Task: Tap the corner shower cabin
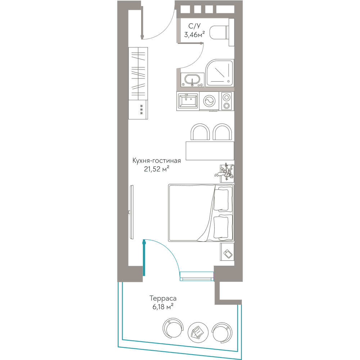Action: (x=220, y=73)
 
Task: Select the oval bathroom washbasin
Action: (x=192, y=80)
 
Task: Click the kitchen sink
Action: (x=188, y=101)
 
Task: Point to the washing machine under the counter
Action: (x=210, y=101)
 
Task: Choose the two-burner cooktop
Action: (x=226, y=101)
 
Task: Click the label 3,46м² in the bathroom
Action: (x=194, y=35)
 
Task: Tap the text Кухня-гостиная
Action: (x=157, y=161)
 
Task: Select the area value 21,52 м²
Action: (x=157, y=169)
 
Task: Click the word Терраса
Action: (x=163, y=298)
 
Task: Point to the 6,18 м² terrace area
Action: (x=163, y=306)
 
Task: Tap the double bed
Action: (x=201, y=213)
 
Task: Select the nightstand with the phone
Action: (x=227, y=252)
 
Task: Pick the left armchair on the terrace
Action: (x=173, y=328)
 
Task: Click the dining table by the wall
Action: (x=210, y=150)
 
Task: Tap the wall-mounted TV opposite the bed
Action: (x=131, y=212)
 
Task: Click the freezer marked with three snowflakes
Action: (x=138, y=109)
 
